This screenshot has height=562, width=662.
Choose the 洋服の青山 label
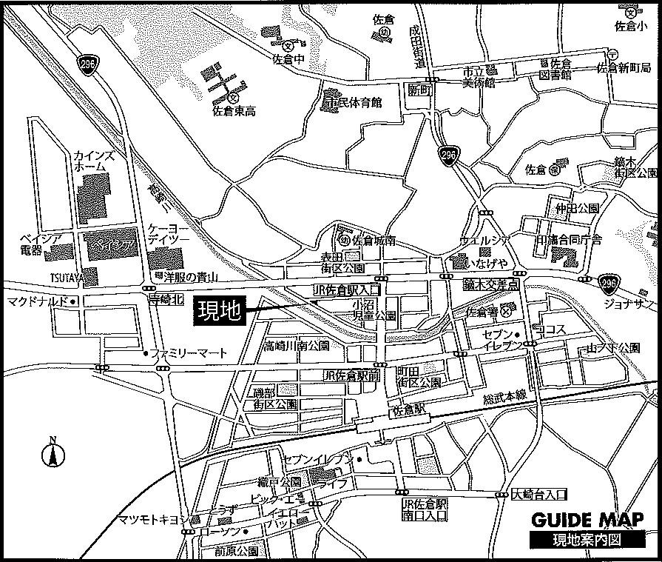click(186, 278)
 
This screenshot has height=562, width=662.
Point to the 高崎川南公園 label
click(297, 345)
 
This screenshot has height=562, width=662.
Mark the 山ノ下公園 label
click(612, 347)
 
